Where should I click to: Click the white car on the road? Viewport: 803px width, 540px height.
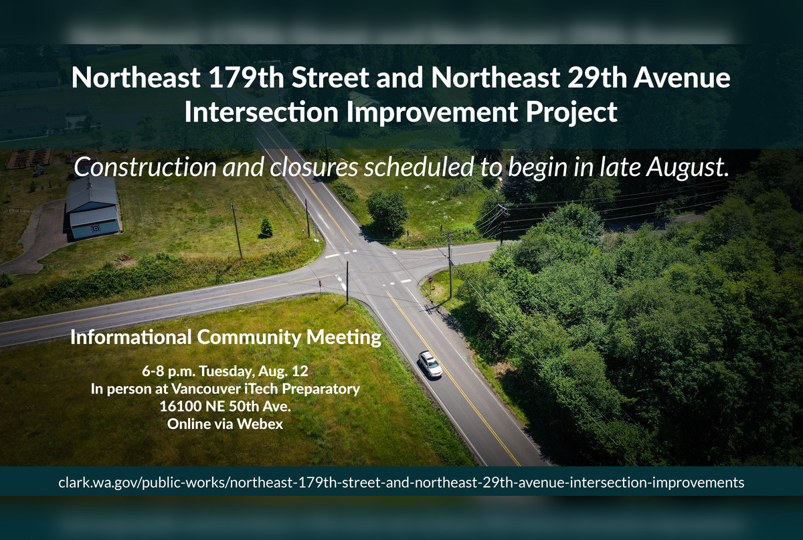point(430,364)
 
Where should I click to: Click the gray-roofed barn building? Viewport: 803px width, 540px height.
point(92,208)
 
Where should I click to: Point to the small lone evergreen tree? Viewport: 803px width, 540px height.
point(266,228)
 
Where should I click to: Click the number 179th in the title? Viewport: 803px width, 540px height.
point(246,78)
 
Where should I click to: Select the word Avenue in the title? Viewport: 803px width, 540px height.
point(682,78)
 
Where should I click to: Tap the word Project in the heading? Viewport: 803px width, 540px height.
point(571,112)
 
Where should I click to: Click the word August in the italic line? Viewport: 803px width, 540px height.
point(688,167)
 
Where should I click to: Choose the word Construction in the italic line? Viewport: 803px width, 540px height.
point(145,167)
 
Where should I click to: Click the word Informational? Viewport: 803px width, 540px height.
point(131,337)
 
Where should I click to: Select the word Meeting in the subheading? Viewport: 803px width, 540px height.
point(343,338)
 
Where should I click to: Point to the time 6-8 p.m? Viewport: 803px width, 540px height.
point(169,371)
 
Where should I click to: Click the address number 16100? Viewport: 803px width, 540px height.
point(181,406)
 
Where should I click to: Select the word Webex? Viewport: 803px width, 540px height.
point(260,424)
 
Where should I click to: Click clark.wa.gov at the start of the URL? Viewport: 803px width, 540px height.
point(98,482)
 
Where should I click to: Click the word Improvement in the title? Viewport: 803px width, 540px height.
point(432,112)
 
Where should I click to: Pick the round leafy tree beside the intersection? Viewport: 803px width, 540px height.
point(387,212)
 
